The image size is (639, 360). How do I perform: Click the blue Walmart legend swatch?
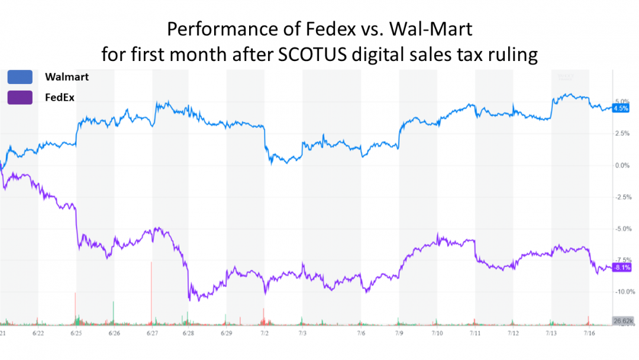20,77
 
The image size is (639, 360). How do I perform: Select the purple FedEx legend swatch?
20,97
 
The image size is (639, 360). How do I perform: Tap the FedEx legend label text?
60,97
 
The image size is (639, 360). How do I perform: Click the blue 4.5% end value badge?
621,108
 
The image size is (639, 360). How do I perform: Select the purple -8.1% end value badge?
621,268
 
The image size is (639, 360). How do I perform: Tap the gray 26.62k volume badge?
623,320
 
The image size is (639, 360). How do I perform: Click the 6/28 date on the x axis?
188,334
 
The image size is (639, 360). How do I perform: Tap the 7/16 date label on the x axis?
590,334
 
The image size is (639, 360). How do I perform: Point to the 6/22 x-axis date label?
38,334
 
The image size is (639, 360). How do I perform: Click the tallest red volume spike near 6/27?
152,293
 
